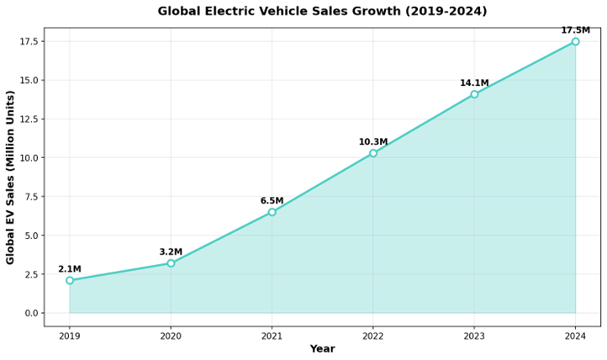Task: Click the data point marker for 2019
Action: (70, 280)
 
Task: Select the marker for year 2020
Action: (171, 263)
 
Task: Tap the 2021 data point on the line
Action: (272, 212)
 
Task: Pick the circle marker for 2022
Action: (373, 153)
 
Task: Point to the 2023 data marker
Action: (474, 94)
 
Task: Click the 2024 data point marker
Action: (575, 41)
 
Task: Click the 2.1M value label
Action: (70, 269)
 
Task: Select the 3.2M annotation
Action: (171, 252)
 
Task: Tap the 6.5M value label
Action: (272, 201)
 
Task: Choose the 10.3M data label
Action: (373, 142)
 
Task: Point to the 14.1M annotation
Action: (474, 83)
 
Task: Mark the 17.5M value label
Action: (575, 30)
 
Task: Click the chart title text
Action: (322, 12)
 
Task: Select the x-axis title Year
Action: (322, 349)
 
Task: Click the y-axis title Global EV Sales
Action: (11, 177)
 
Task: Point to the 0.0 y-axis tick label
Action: (31, 313)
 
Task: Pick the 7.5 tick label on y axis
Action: (31, 197)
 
